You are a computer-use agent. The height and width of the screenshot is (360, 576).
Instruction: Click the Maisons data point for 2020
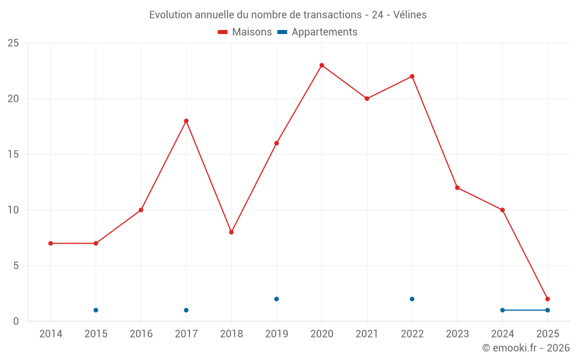[321, 65]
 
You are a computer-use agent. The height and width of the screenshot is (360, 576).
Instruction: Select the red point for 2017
[186, 121]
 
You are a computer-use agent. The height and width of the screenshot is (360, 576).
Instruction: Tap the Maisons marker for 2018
[231, 232]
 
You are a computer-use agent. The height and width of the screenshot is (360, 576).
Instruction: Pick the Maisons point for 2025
[547, 299]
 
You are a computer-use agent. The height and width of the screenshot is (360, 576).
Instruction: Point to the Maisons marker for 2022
[412, 77]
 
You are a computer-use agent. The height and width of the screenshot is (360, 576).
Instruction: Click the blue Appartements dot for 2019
[276, 299]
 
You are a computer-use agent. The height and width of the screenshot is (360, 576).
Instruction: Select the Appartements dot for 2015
[96, 310]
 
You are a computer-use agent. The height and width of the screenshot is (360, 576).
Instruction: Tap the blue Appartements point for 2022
[412, 299]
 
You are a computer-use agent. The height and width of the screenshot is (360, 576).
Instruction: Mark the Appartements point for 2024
[502, 310]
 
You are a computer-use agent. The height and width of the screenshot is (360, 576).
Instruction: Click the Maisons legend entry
[245, 32]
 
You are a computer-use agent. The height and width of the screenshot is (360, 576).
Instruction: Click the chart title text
[288, 15]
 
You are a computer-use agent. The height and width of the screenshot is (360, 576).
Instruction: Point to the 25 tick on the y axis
[13, 43]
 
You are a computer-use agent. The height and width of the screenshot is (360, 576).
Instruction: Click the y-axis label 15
[13, 154]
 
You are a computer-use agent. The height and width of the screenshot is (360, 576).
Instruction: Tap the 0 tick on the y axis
[16, 321]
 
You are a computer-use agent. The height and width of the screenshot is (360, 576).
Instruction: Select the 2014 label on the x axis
[51, 334]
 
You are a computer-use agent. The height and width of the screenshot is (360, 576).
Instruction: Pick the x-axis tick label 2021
[367, 334]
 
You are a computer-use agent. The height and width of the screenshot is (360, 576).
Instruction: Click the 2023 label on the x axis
[457, 334]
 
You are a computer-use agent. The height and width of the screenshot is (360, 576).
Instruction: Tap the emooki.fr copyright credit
[525, 348]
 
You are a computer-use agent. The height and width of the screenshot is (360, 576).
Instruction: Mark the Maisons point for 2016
[141, 210]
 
